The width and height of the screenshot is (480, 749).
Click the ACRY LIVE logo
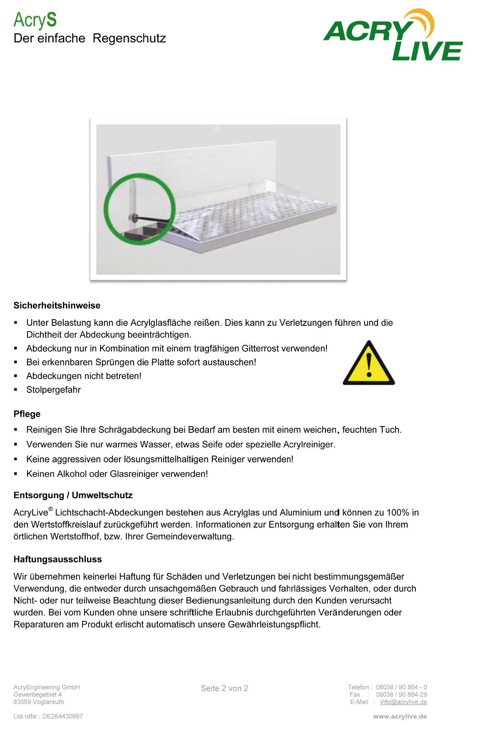point(393,36)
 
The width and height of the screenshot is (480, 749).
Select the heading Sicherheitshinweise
point(57,305)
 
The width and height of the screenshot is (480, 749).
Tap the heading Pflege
point(27,414)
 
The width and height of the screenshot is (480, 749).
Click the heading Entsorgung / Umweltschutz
point(73,495)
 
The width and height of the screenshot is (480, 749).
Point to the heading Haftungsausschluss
point(57,559)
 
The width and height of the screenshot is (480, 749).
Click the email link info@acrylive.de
point(403,702)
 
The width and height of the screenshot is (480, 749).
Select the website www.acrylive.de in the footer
point(400,717)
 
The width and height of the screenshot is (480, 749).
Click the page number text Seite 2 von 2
point(224,688)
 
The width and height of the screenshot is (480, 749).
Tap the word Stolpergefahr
point(53,390)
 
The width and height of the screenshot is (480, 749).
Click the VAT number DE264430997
point(62,717)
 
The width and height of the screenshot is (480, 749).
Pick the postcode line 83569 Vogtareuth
point(39,702)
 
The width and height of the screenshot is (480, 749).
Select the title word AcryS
point(35,20)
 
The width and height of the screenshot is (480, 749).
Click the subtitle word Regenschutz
point(129,38)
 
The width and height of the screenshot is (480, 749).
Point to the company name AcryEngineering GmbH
point(47,687)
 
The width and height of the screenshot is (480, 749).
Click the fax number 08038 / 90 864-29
point(401,694)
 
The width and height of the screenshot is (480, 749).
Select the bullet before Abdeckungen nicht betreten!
point(16,376)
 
